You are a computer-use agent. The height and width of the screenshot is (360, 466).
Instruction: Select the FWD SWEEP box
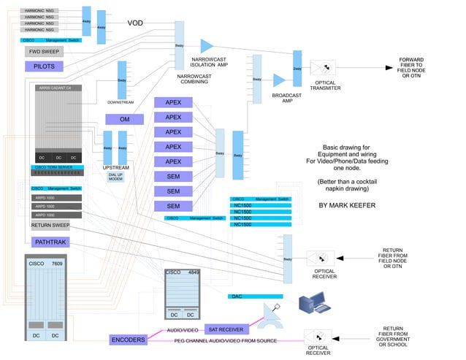coord(45,52)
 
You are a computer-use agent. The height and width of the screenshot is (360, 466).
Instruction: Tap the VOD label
coord(135,23)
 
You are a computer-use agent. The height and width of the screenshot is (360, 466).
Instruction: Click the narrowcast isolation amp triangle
coord(207,45)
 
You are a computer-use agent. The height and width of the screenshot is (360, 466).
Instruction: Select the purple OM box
coord(124,119)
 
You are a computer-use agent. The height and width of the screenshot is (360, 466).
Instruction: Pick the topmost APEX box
coord(173,103)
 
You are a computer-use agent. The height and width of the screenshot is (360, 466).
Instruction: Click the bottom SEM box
coord(173,205)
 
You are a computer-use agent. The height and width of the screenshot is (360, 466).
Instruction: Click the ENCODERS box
coord(128,340)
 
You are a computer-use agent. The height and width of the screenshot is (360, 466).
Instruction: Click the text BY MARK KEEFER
coord(346,206)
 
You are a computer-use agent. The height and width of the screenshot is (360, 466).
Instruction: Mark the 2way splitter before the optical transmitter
coord(297,69)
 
